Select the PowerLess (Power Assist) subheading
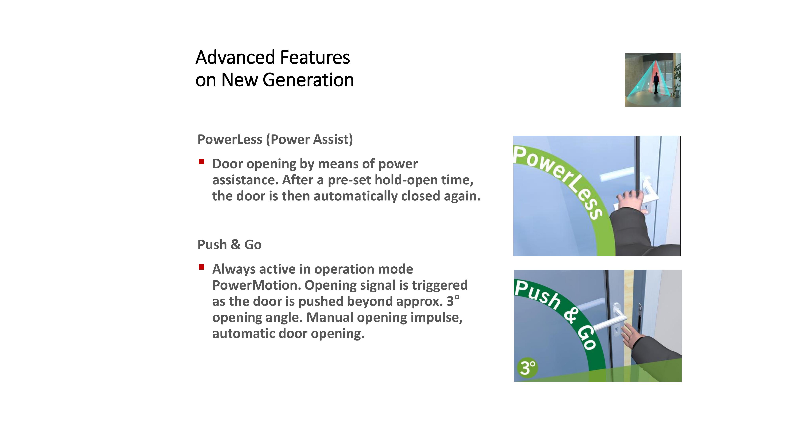275,139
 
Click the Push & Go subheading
229,245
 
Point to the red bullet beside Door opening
202,162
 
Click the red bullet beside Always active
202,267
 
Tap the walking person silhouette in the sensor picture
656,83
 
